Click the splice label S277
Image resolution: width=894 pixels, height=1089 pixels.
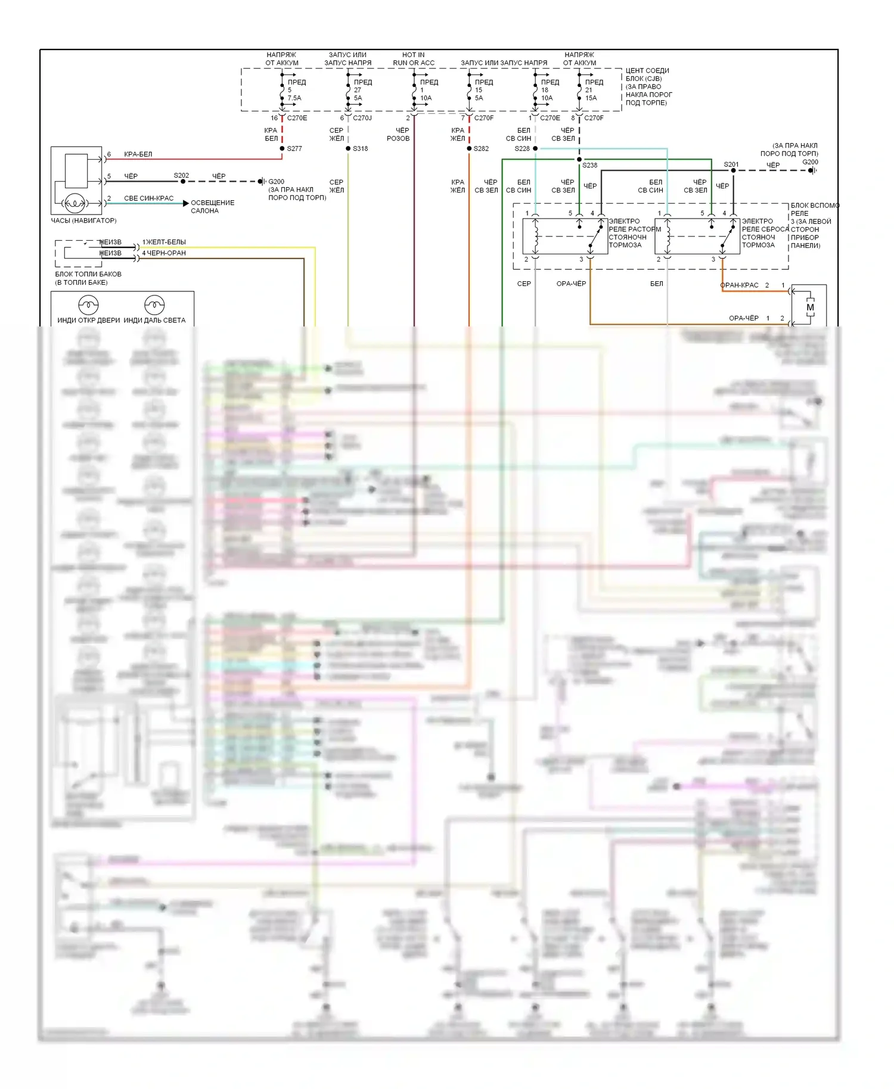[x=294, y=149]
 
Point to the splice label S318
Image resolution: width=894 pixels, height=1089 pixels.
[x=361, y=149]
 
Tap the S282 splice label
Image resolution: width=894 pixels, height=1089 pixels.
[x=481, y=149]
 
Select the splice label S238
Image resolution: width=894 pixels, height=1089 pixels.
[x=590, y=166]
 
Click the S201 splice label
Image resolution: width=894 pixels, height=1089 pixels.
[x=731, y=164]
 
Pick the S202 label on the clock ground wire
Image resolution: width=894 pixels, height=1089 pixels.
[x=181, y=176]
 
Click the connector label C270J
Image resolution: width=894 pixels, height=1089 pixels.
[x=362, y=118]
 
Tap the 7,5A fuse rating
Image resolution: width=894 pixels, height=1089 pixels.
[x=294, y=98]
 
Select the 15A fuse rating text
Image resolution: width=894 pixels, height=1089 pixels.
[x=591, y=98]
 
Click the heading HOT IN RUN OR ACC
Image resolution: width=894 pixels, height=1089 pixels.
[x=414, y=59]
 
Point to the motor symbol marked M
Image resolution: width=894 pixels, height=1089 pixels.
[x=810, y=307]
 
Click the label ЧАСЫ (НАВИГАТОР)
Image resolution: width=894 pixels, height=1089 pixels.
[x=83, y=220]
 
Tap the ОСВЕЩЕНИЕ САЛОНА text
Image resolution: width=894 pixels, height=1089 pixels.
[x=212, y=207]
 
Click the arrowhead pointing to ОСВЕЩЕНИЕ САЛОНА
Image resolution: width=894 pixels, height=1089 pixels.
[x=186, y=203]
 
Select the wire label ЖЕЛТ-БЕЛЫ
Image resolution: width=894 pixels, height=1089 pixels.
[x=166, y=242]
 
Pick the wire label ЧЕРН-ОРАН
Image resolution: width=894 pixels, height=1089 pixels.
[x=166, y=253]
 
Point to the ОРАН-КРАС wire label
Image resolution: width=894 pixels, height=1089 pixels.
[x=740, y=285]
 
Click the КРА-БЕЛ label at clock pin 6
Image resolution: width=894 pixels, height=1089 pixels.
[x=138, y=154]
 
